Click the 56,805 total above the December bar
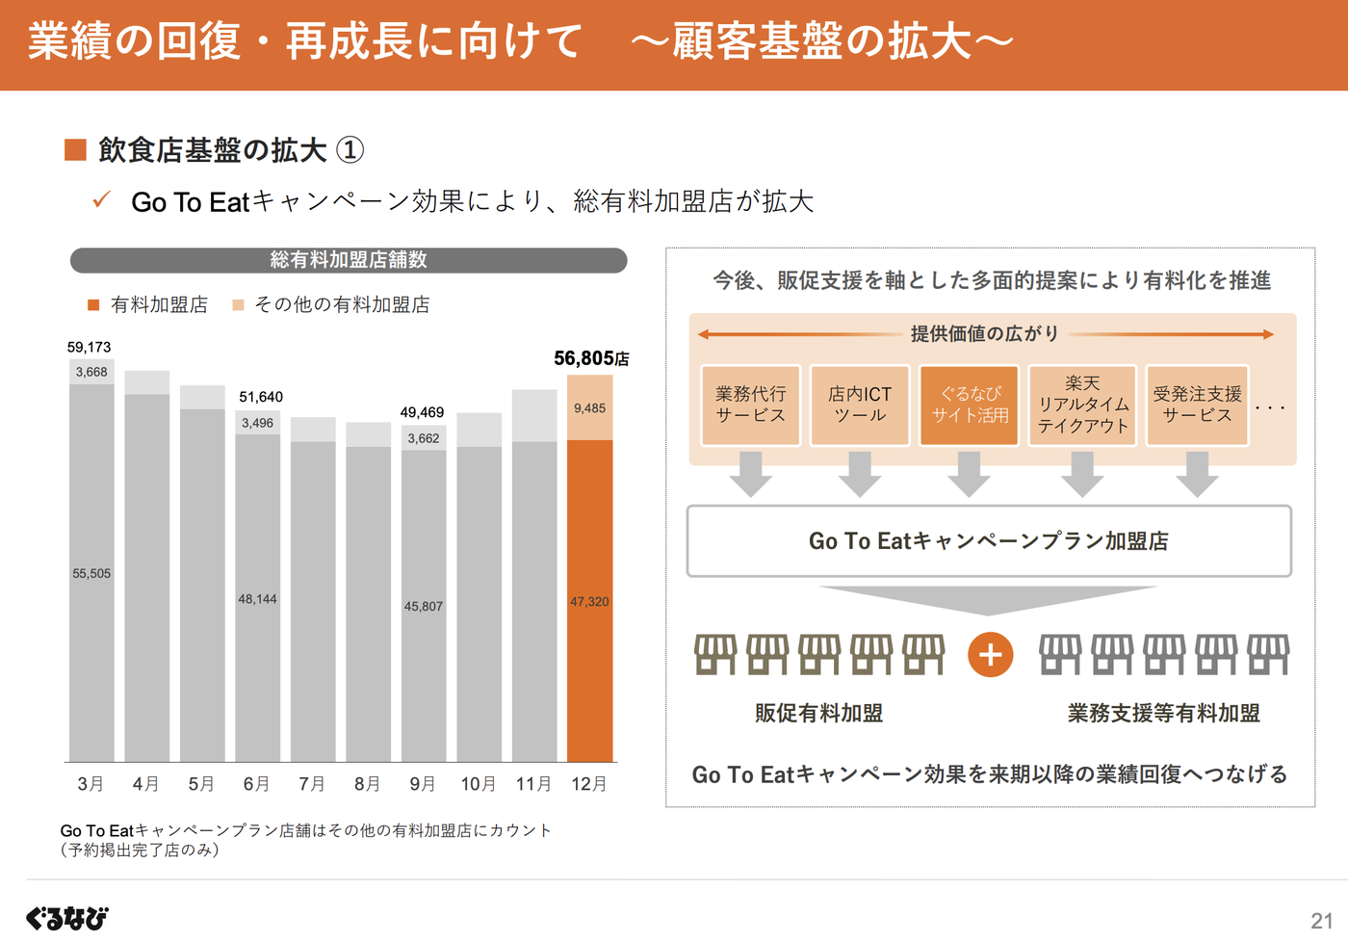pyautogui.click(x=590, y=358)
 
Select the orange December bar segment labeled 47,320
pyautogui.click(x=589, y=601)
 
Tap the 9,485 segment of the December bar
pyautogui.click(x=589, y=407)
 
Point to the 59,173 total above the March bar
pyautogui.click(x=89, y=347)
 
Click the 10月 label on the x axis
pyautogui.click(x=479, y=784)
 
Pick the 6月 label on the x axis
pyautogui.click(x=257, y=784)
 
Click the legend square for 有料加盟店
pyautogui.click(x=93, y=305)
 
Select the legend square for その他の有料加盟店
pyautogui.click(x=238, y=305)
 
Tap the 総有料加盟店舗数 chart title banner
pyautogui.click(x=349, y=260)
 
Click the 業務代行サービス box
pyautogui.click(x=750, y=406)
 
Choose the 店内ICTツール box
pyautogui.click(x=860, y=406)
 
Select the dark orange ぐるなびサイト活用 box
pyautogui.click(x=969, y=406)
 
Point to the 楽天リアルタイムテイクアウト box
pyautogui.click(x=1082, y=406)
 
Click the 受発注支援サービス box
pyautogui.click(x=1197, y=406)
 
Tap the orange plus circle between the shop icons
pyautogui.click(x=990, y=655)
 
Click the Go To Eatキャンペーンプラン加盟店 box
pyautogui.click(x=989, y=541)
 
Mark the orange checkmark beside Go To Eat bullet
pyautogui.click(x=102, y=200)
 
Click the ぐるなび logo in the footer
pyautogui.click(x=67, y=918)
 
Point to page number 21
pyautogui.click(x=1322, y=921)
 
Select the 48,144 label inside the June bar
pyautogui.click(x=257, y=599)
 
